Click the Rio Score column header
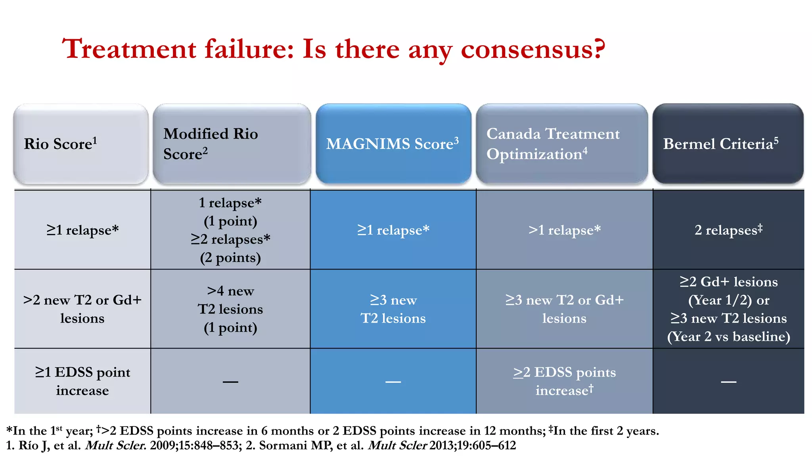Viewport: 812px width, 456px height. click(x=81, y=144)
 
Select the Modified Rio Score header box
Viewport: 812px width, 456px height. click(x=232, y=144)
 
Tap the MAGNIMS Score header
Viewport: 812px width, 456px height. click(x=393, y=144)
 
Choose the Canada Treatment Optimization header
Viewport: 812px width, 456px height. click(x=561, y=144)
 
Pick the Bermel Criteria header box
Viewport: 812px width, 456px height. click(x=728, y=144)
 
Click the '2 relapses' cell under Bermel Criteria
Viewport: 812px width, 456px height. click(x=728, y=230)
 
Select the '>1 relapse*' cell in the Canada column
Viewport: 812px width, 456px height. click(x=564, y=230)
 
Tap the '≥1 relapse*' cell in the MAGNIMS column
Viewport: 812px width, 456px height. click(x=393, y=230)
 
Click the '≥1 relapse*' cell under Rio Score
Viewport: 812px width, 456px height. click(x=82, y=230)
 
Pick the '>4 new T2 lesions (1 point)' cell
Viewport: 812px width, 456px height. click(x=230, y=309)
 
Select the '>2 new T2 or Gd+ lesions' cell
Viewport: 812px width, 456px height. click(x=82, y=309)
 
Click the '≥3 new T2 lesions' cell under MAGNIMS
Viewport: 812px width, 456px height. click(x=393, y=309)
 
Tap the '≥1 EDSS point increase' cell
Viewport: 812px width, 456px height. click(x=82, y=381)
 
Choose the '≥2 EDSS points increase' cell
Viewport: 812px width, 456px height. click(x=564, y=381)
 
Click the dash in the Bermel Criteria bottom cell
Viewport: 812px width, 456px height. click(x=728, y=382)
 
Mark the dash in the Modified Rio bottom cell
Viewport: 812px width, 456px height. click(x=230, y=382)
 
